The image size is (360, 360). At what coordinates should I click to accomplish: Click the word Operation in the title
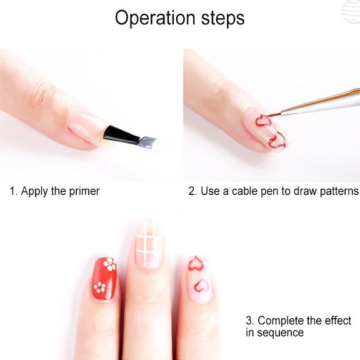tap(155, 18)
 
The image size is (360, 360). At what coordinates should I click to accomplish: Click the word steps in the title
tap(222, 18)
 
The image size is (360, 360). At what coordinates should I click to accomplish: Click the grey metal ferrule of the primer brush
tap(148, 142)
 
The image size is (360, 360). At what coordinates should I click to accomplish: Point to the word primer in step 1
tap(84, 191)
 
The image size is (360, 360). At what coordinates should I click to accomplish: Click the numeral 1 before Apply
tap(12, 191)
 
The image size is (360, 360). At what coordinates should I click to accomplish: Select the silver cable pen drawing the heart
tap(320, 102)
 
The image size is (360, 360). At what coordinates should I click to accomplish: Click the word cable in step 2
tap(244, 191)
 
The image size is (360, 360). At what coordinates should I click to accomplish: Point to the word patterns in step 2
tap(339, 191)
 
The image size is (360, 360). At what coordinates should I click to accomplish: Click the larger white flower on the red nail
tap(110, 264)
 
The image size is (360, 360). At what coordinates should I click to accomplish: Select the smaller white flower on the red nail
tap(99, 287)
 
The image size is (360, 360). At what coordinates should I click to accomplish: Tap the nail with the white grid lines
tap(149, 244)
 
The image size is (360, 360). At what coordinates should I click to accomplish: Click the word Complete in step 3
tap(281, 321)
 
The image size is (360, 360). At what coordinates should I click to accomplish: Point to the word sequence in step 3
tap(281, 333)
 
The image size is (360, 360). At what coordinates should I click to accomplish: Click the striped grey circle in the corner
tap(351, 11)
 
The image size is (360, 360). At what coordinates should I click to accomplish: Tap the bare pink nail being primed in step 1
tap(86, 127)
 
